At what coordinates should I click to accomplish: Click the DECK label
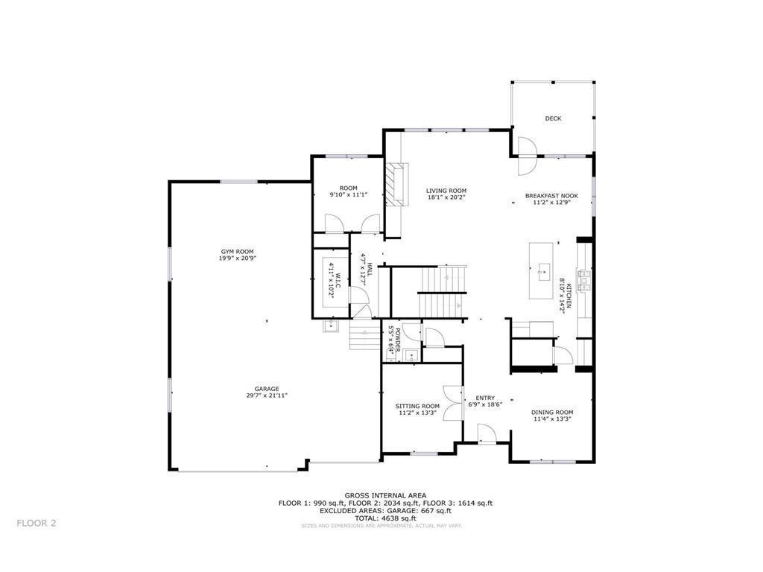(552, 118)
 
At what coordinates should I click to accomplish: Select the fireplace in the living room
(397, 183)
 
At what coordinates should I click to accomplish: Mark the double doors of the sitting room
(452, 403)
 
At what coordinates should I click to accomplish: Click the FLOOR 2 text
(37, 523)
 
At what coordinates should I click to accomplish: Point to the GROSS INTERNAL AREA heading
(385, 495)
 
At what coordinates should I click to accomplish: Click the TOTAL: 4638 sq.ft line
(385, 518)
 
